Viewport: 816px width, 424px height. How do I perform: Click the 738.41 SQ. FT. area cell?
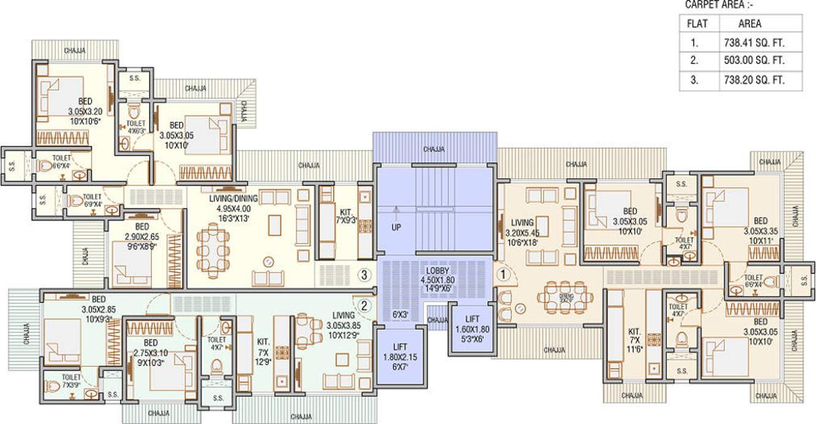(x=752, y=43)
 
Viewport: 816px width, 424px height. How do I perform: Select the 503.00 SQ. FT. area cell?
(x=752, y=61)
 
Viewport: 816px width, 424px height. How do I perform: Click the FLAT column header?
(x=698, y=24)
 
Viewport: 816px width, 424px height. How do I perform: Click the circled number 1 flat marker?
(x=503, y=275)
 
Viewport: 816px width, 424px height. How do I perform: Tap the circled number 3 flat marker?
(x=365, y=275)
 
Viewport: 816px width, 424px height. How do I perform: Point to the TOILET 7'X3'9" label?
(x=71, y=381)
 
